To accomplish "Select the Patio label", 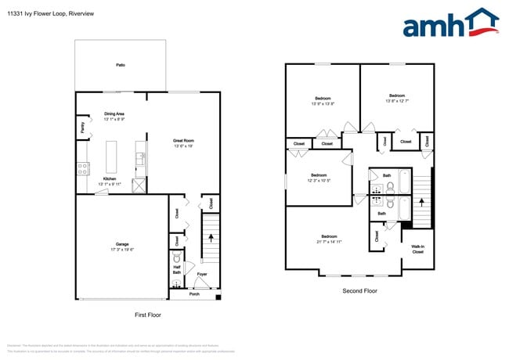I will pos(121,66).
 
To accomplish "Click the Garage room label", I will pos(121,243).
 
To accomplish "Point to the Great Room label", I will pos(183,141).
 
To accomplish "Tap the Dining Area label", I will pos(115,114).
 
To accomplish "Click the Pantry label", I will pos(82,126).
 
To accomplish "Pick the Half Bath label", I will pos(177,269).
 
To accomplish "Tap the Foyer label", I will pos(201,274).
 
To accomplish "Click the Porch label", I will pos(194,294).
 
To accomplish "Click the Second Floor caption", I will pos(359,290).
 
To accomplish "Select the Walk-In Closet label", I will pos(417,250).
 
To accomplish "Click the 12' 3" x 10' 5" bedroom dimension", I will pos(319,181).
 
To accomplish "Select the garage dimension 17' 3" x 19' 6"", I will pos(121,249).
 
